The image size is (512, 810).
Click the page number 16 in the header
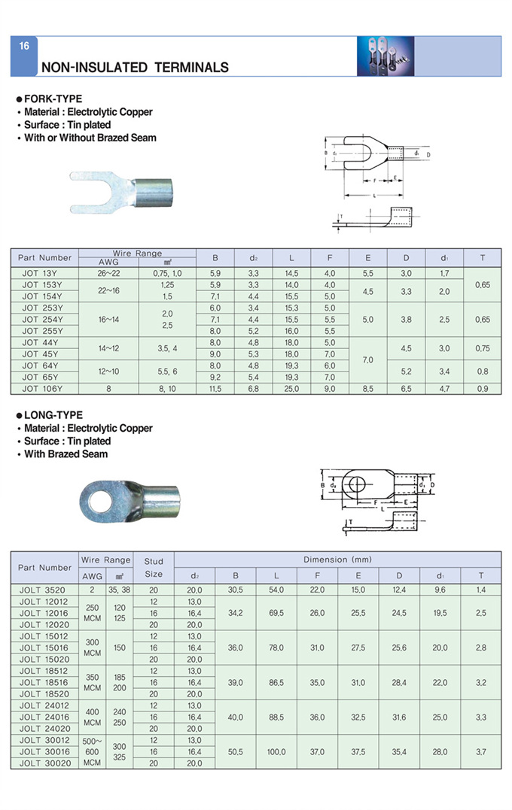[24, 46]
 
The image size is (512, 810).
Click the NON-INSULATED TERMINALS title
[135, 68]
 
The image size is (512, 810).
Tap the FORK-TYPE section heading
[53, 99]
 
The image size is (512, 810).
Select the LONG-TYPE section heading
[53, 415]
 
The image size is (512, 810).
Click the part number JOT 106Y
[43, 389]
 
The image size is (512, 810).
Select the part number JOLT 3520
[44, 590]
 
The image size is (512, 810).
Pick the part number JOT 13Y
[41, 274]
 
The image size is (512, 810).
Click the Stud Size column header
[154, 567]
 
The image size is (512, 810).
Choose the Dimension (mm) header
[337, 560]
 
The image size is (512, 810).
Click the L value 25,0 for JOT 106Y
[291, 389]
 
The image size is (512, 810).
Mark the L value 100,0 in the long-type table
[276, 751]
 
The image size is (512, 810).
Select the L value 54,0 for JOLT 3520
[276, 590]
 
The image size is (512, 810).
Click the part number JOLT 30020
[44, 763]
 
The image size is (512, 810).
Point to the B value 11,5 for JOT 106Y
[215, 389]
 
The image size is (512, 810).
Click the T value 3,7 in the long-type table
[480, 751]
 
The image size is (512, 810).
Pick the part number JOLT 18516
[44, 682]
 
